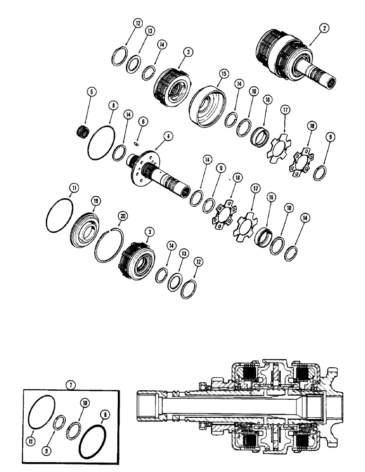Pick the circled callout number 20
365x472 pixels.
123,216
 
